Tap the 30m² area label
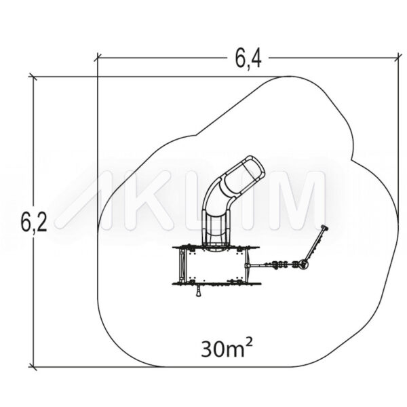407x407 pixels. [x=227, y=349]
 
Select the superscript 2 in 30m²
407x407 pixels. [x=248, y=344]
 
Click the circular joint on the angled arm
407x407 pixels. [x=303, y=265]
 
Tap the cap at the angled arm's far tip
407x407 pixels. [x=324, y=228]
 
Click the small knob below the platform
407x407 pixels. [x=199, y=292]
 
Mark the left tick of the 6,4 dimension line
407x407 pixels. [x=98, y=58]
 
